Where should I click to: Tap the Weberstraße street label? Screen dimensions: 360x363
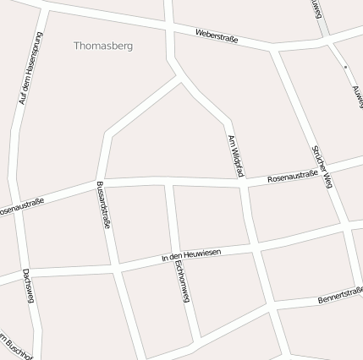[x=216, y=36]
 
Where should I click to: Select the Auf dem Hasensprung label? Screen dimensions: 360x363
[x=29, y=69]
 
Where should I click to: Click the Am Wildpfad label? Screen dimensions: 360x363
[x=235, y=155]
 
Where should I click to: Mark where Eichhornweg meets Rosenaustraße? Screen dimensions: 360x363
[x=169, y=182]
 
